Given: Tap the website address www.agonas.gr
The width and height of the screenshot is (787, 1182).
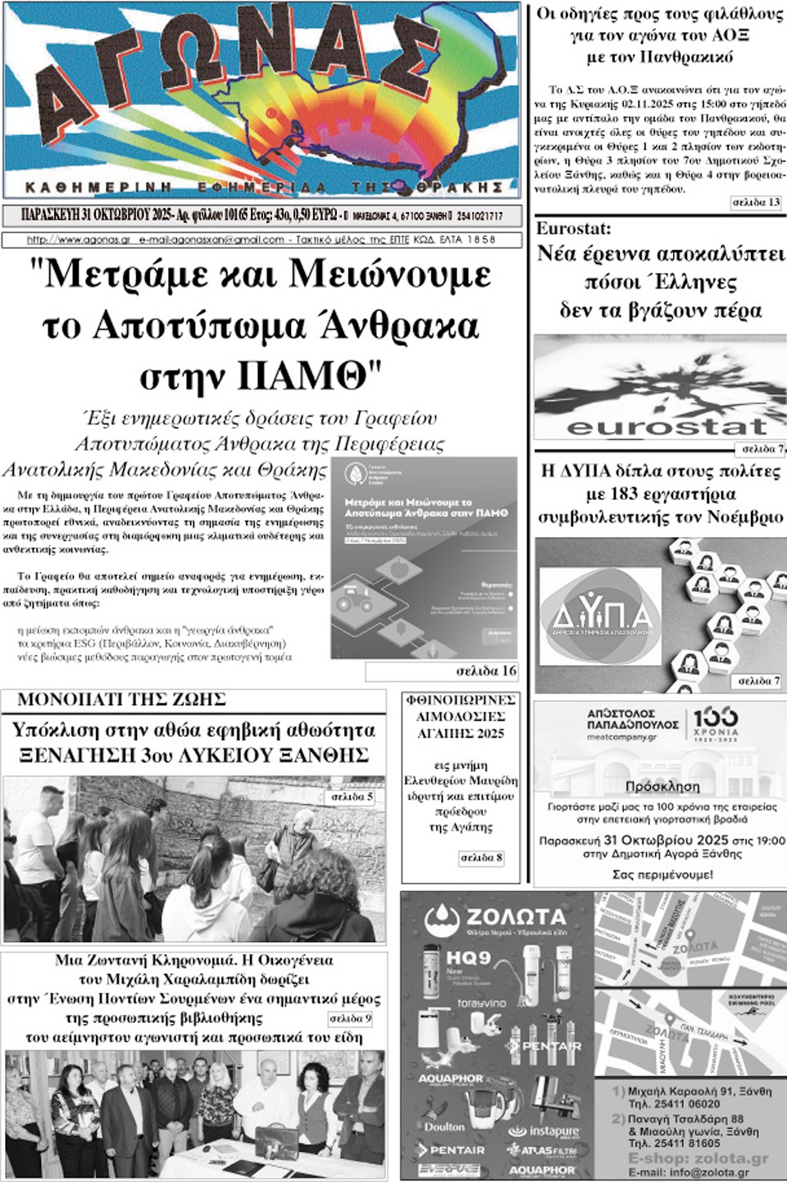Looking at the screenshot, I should point(79,240).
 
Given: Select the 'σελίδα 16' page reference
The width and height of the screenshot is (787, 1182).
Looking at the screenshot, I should point(486,671).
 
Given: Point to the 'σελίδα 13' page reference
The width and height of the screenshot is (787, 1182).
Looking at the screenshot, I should point(756,202).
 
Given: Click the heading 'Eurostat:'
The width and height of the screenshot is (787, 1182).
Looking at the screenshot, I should point(574,229).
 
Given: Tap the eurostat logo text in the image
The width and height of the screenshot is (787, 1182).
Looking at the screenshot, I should point(666,426).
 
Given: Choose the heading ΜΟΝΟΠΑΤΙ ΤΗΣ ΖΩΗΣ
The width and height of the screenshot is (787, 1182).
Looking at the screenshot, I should point(121,700).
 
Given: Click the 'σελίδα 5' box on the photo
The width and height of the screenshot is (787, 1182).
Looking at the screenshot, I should point(352,797).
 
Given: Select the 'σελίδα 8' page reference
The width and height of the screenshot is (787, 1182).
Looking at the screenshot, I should point(481,858).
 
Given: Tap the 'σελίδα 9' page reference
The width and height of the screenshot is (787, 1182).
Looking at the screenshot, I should point(350,1019).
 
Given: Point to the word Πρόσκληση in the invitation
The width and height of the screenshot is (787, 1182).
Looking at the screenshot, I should point(662,787).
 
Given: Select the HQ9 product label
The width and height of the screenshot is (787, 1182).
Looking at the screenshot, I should point(468,957).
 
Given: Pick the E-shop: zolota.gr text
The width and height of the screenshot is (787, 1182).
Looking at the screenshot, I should point(698,1158).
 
